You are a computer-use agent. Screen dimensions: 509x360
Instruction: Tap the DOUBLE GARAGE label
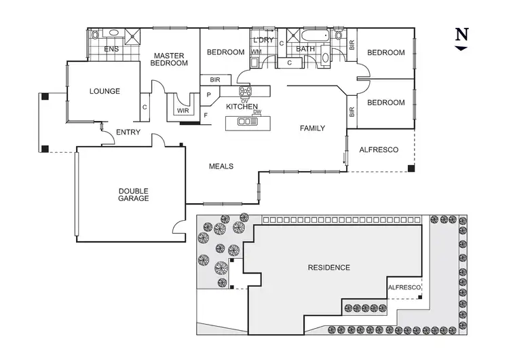133,195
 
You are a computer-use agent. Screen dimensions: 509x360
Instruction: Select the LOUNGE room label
105,91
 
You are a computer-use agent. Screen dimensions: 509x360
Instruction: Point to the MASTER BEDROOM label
170,60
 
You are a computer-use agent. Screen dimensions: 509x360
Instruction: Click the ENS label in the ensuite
111,49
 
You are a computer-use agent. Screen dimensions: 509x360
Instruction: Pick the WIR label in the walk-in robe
183,110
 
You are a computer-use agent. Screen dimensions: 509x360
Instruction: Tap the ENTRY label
128,132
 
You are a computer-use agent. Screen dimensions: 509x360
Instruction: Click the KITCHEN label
241,107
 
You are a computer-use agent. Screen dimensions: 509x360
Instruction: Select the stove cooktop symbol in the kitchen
245,92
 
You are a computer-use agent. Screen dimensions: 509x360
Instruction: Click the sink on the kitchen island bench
246,122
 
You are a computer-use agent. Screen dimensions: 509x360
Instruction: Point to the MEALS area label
221,166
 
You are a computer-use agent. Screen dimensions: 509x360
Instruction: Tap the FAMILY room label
313,128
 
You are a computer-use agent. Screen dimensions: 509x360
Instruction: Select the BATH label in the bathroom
305,49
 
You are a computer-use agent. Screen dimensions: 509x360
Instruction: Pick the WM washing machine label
257,52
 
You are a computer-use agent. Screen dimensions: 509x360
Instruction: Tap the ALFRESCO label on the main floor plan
378,149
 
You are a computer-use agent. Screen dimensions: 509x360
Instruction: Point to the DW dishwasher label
257,112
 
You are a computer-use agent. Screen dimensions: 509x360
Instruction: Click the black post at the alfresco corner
411,168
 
